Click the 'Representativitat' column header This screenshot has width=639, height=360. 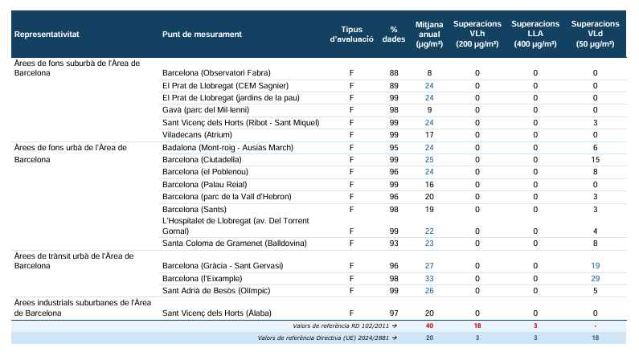[x=47, y=35]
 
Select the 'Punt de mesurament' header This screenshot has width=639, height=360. [x=202, y=35]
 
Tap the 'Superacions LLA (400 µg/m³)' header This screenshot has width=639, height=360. [x=535, y=34]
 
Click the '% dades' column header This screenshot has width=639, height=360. [x=394, y=35]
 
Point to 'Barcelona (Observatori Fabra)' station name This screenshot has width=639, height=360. [x=216, y=73]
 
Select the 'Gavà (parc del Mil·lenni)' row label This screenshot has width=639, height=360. [x=206, y=110]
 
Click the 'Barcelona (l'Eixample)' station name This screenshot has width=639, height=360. [x=202, y=279]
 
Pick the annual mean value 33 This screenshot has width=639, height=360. [x=429, y=279]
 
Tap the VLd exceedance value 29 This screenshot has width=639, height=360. [x=595, y=279]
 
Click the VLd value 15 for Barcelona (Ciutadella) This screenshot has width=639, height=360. [x=595, y=160]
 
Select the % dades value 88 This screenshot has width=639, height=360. [x=394, y=73]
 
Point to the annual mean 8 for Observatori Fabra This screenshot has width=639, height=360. [x=429, y=73]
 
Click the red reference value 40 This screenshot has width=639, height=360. [x=429, y=325]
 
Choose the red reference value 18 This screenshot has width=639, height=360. [x=477, y=325]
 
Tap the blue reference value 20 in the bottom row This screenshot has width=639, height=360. [x=429, y=337]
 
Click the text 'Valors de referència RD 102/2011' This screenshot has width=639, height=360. [x=342, y=325]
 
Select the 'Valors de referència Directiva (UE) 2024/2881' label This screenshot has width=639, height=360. [x=324, y=337]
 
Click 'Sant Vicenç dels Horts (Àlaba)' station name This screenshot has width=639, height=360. [x=217, y=313]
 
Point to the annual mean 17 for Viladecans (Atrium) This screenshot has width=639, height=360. [x=429, y=135]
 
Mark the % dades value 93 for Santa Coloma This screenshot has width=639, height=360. [x=394, y=243]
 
